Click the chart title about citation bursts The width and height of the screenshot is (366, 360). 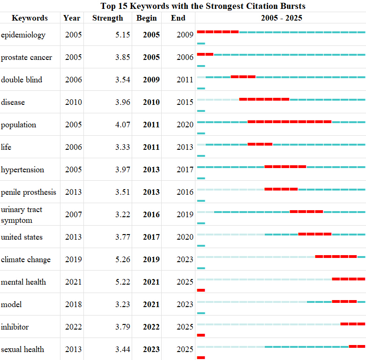pyautogui.click(x=203, y=6)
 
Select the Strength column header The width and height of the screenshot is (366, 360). pyautogui.click(x=108, y=18)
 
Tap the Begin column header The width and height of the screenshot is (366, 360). pyautogui.click(x=147, y=18)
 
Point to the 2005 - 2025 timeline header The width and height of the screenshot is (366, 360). pyautogui.click(x=282, y=18)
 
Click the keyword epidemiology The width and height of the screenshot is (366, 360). pyautogui.click(x=23, y=35)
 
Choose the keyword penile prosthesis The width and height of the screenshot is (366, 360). pyautogui.click(x=29, y=192)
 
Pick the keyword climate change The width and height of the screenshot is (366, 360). pyautogui.click(x=26, y=259)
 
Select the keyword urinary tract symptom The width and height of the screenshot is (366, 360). pyautogui.click(x=22, y=215)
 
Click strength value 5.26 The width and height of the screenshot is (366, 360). pyautogui.click(x=122, y=259)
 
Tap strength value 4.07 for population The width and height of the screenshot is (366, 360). pyautogui.click(x=122, y=125)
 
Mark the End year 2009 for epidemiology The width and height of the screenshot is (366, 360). pyautogui.click(x=185, y=35)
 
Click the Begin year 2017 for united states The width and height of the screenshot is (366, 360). pyautogui.click(x=151, y=237)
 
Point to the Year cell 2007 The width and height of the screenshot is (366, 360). pyautogui.click(x=73, y=214)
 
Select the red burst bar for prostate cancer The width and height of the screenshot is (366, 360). pyautogui.click(x=205, y=54)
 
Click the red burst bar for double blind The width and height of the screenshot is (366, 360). pyautogui.click(x=243, y=77)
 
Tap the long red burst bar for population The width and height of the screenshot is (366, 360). pyautogui.click(x=290, y=122)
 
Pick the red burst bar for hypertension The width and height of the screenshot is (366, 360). pyautogui.click(x=285, y=167)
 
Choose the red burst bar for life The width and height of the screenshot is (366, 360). pyautogui.click(x=260, y=144)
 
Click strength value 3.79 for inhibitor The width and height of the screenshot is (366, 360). pyautogui.click(x=122, y=327)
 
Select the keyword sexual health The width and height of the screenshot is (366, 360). pyautogui.click(x=22, y=349)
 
